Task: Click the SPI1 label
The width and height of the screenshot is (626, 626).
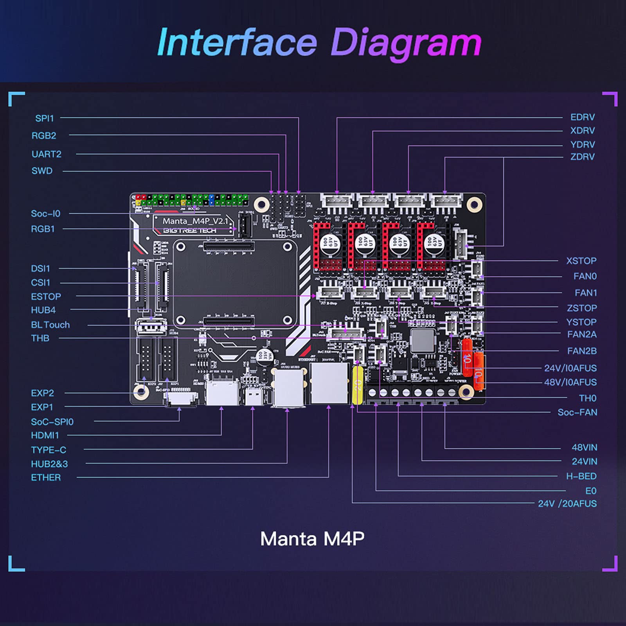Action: tap(44, 118)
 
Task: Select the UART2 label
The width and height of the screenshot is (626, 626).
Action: tap(46, 154)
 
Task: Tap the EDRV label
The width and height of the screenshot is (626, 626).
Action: tap(582, 117)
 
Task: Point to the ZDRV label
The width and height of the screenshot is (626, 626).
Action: tap(582, 156)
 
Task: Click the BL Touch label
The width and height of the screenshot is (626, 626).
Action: tap(50, 325)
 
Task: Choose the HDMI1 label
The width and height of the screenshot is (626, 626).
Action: tap(45, 435)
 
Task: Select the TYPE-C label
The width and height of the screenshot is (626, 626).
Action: tap(49, 450)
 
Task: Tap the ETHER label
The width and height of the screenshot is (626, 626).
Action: tap(46, 477)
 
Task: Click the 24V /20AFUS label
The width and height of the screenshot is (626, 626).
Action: tap(567, 504)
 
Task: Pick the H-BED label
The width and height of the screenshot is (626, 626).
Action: tap(581, 476)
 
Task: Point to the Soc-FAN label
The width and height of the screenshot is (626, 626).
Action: tap(577, 412)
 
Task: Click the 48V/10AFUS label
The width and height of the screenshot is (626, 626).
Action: tap(570, 382)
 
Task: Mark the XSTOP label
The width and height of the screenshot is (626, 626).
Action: tap(581, 261)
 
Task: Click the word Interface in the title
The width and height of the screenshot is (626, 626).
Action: tap(237, 42)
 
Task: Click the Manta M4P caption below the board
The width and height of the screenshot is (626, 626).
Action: tap(312, 539)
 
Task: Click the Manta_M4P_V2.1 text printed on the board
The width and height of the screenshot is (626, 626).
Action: tap(194, 221)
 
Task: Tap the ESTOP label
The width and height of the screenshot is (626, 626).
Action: tap(46, 297)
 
